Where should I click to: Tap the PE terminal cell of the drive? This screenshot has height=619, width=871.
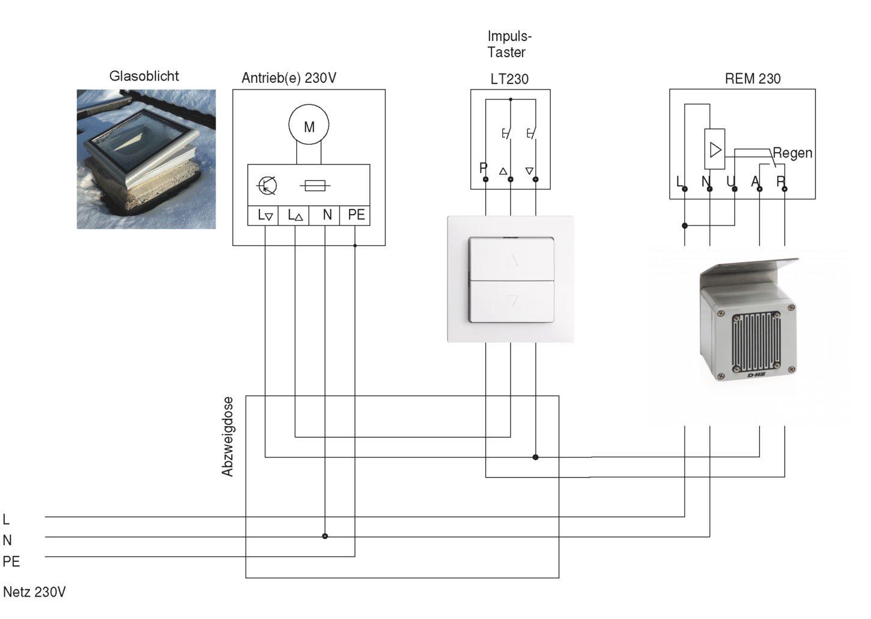pyautogui.click(x=354, y=215)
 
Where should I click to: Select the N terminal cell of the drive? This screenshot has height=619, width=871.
pyautogui.click(x=324, y=215)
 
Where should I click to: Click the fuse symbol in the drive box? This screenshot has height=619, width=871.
pyautogui.click(x=315, y=186)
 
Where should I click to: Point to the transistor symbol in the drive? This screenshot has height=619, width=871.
pyautogui.click(x=267, y=186)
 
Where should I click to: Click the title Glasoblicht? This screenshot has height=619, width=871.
pyautogui.click(x=144, y=76)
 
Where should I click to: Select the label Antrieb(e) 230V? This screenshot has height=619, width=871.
pyautogui.click(x=289, y=78)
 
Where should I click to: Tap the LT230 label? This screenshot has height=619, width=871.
pyautogui.click(x=509, y=79)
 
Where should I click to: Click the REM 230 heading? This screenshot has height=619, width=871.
pyautogui.click(x=753, y=79)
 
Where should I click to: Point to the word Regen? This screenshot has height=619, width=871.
pyautogui.click(x=792, y=153)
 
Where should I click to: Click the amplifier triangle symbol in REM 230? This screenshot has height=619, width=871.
pyautogui.click(x=715, y=150)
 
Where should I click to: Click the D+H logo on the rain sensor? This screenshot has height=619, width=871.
pyautogui.click(x=757, y=376)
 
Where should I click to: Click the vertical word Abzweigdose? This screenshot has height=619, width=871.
pyautogui.click(x=228, y=436)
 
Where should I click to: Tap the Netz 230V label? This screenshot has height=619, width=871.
pyautogui.click(x=34, y=592)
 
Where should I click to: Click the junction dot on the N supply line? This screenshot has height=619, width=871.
pyautogui.click(x=325, y=537)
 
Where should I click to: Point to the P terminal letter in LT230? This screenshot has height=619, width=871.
pyautogui.click(x=484, y=168)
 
